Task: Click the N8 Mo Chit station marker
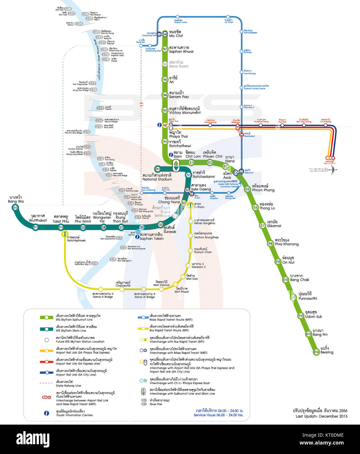(x=165, y=34)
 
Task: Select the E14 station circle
(x=316, y=352)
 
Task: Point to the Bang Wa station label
(x=16, y=199)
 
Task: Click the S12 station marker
(x=15, y=208)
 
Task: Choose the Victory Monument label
(x=185, y=110)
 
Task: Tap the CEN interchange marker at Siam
(x=176, y=166)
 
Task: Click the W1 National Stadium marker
(x=158, y=169)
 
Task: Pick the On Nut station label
(x=288, y=260)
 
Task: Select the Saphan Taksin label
(x=152, y=236)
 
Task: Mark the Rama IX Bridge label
(x=144, y=295)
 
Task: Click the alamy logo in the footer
(x=33, y=439)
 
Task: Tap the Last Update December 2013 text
(x=321, y=416)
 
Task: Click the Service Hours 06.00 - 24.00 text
(x=218, y=415)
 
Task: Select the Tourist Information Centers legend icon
(x=47, y=413)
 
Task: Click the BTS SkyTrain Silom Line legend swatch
(x=46, y=329)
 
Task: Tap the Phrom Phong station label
(x=263, y=188)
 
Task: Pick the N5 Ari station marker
(x=165, y=79)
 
